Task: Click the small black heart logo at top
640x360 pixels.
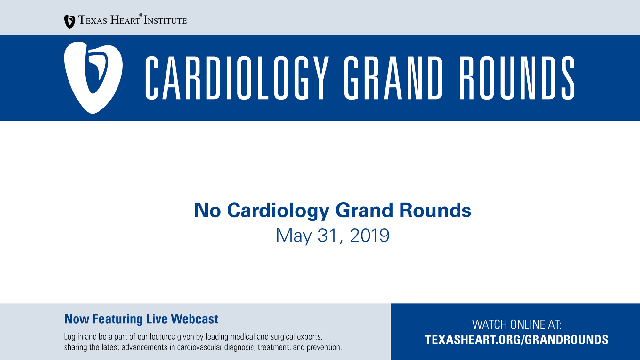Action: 69,22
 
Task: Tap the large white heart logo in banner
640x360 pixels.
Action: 93,77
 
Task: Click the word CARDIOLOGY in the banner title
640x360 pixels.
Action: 237,78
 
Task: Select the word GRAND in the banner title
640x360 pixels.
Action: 393,78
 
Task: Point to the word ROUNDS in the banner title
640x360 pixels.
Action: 517,78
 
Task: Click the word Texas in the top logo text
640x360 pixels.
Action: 93,20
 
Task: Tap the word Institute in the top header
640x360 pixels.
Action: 165,20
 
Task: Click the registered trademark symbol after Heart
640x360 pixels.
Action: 141,15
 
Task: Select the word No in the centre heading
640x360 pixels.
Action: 207,210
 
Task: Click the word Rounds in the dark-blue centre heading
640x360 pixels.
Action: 435,210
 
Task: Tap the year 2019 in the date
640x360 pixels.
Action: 370,236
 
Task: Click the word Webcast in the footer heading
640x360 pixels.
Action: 194,319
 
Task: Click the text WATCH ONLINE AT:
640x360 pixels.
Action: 516,324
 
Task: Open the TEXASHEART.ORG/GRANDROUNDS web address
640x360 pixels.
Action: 516,340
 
